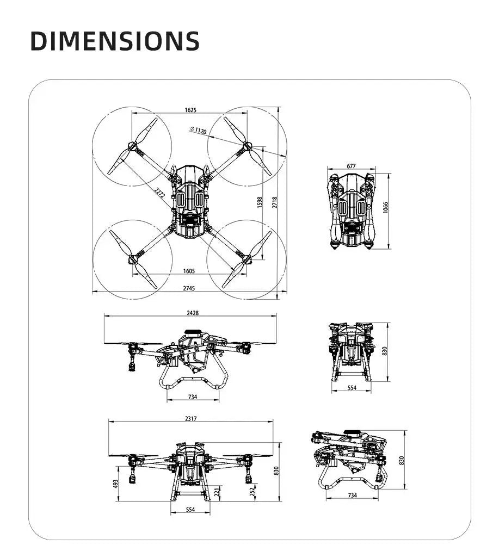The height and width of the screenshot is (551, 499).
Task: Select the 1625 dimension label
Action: coord(190,110)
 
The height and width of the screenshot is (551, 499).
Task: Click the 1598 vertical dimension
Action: coord(260,202)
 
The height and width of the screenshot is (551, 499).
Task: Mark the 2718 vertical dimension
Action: coord(275,202)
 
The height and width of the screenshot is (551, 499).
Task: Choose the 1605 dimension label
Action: coord(189,271)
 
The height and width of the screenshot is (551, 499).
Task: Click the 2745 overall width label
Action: coord(189,288)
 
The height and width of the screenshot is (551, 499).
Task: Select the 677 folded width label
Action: coord(351,166)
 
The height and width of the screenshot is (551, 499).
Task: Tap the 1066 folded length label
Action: coord(386,207)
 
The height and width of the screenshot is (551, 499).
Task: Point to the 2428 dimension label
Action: coord(192,313)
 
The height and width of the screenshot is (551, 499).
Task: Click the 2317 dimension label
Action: coord(190,418)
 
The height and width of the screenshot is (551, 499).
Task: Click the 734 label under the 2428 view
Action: coord(193,397)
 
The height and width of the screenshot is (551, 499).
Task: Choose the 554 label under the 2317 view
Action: coord(190,510)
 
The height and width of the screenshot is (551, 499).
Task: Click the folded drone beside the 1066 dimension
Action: coord(351,209)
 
